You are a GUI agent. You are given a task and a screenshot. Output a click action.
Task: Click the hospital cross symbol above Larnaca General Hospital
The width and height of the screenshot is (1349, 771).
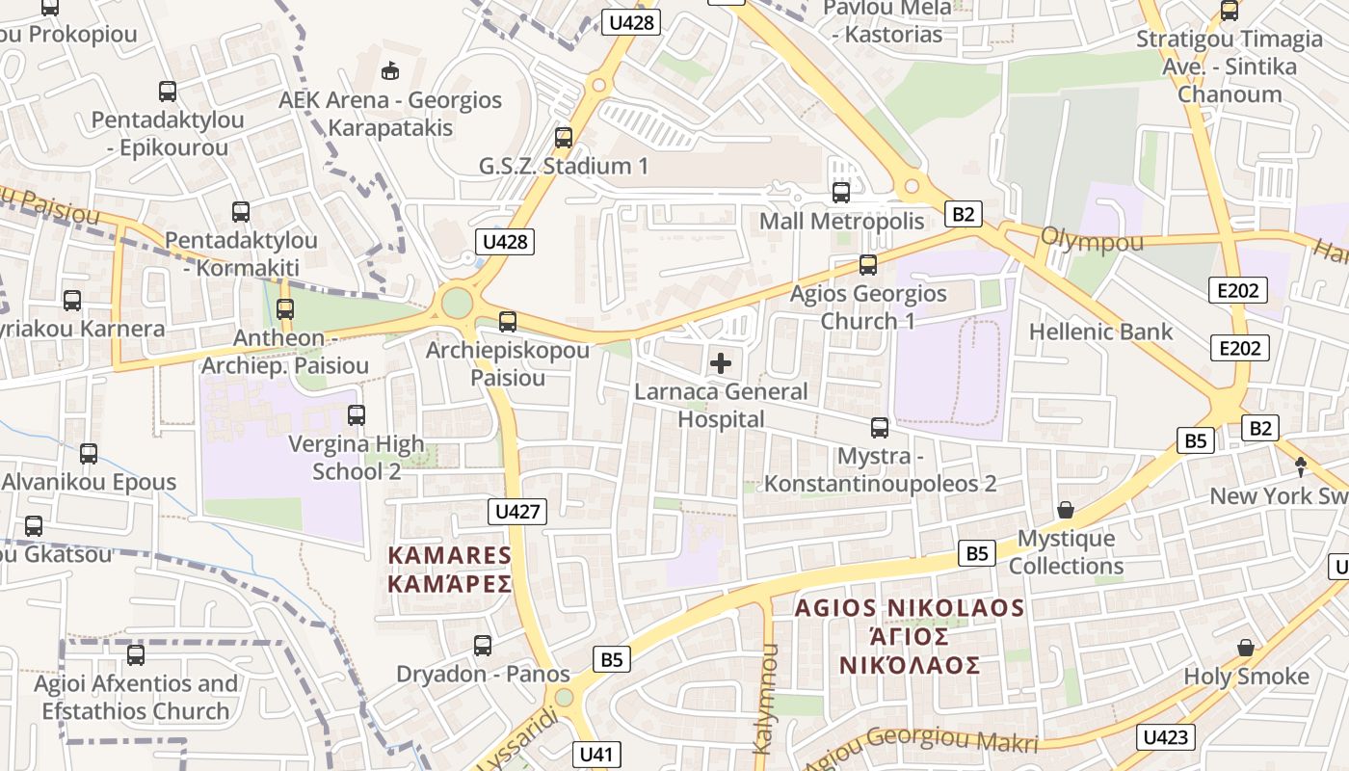click(720, 363)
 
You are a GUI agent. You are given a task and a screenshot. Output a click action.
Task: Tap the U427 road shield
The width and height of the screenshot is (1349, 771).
click(518, 511)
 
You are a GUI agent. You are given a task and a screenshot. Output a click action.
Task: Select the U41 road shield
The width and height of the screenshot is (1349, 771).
click(597, 754)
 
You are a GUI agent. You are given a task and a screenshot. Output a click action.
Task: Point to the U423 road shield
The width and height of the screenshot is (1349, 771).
click(1166, 738)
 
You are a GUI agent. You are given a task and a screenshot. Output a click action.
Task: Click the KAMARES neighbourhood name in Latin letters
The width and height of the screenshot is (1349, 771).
click(449, 555)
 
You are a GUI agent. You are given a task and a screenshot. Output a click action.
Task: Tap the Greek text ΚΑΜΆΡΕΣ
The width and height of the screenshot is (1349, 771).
click(449, 584)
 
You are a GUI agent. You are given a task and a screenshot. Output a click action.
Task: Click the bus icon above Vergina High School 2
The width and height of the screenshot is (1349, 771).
click(357, 415)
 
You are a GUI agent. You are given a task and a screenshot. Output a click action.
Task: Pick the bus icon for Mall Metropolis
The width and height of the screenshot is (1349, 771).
click(841, 192)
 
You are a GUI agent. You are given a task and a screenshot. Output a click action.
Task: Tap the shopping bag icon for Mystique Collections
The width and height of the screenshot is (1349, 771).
click(1066, 509)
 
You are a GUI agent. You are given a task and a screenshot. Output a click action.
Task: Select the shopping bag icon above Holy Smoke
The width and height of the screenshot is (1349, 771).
click(1246, 647)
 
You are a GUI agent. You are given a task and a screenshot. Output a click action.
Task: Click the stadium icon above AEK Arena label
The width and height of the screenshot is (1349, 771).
click(390, 70)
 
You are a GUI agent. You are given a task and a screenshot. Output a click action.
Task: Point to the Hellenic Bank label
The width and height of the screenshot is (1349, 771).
click(1100, 332)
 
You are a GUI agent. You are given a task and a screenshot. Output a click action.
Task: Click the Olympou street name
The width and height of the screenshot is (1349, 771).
click(1092, 240)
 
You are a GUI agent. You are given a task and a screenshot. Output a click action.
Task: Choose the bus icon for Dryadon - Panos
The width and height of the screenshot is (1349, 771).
click(483, 645)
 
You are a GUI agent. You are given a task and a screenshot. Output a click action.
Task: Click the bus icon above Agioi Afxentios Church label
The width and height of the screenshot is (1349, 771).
click(136, 655)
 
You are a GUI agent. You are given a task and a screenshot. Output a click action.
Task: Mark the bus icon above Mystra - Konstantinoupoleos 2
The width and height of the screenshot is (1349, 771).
click(880, 427)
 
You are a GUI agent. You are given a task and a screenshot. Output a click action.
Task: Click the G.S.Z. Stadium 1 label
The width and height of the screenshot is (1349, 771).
click(564, 166)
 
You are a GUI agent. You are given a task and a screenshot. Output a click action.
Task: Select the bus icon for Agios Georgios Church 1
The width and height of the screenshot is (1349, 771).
click(868, 264)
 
